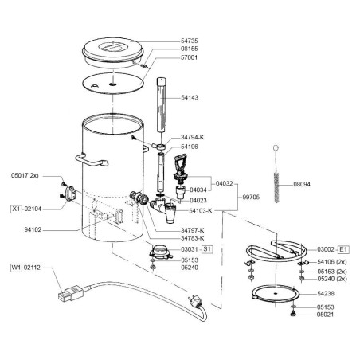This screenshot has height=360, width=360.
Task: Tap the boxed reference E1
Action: click(344, 249)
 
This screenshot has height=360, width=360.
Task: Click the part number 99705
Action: click(252, 195)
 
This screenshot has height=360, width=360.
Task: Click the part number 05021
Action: click(327, 314)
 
